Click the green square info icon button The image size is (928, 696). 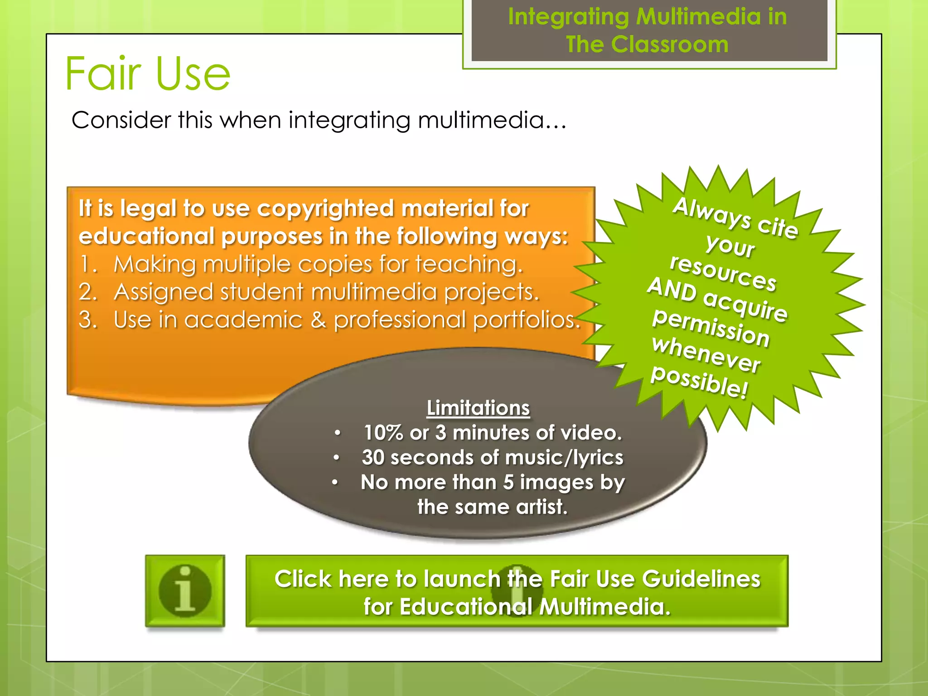pos(185,591)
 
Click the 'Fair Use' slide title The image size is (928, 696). pos(148,73)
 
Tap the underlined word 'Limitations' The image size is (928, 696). pos(478,408)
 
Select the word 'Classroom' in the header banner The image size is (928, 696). pos(670,45)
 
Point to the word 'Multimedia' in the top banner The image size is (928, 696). pos(698,17)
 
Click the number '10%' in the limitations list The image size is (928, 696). pos(383,433)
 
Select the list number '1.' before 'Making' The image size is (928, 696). pos(88,264)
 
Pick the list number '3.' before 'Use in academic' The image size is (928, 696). pos(88,320)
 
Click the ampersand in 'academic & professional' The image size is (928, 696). pos(318,320)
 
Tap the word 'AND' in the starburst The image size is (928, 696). pos(672,289)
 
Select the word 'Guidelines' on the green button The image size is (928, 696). pos(701,579)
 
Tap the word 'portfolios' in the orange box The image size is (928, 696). pos(524,320)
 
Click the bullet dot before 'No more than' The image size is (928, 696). pos(335,483)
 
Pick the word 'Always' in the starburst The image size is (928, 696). pos(711,213)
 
